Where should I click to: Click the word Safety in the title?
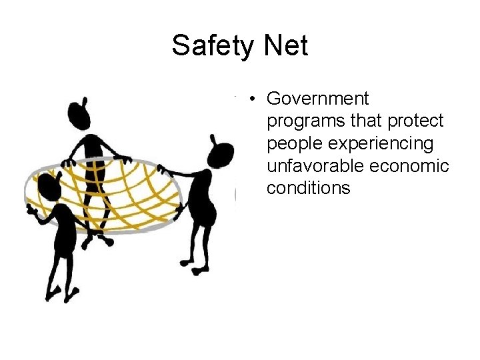[211, 46]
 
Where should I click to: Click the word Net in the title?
[286, 46]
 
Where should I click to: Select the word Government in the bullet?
[317, 99]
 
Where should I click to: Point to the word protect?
[416, 121]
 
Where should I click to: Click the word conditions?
[308, 188]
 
